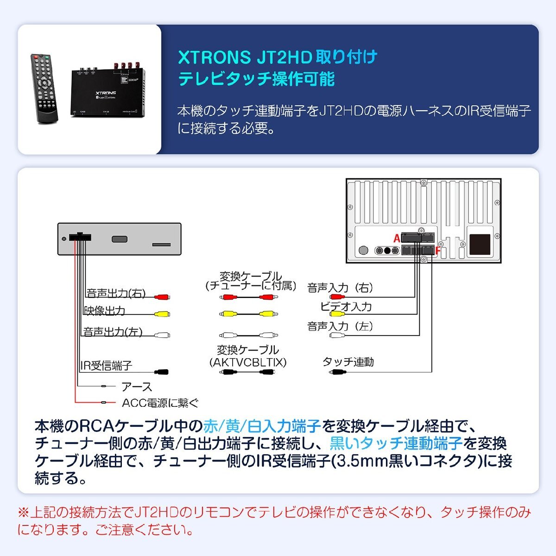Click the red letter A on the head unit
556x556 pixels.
(x=397, y=239)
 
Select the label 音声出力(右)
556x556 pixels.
(x=116, y=293)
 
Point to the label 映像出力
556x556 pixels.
(x=105, y=311)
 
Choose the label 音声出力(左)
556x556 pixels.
(x=113, y=332)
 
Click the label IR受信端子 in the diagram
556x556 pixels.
(x=106, y=366)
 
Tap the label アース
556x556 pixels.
(x=136, y=387)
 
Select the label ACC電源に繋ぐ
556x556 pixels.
(x=160, y=403)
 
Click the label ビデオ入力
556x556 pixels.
(x=346, y=307)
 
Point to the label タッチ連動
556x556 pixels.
(x=348, y=362)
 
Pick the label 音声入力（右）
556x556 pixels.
(x=340, y=288)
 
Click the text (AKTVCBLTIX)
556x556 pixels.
(x=248, y=362)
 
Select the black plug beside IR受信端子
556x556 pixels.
(x=162, y=372)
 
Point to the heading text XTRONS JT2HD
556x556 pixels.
(x=245, y=58)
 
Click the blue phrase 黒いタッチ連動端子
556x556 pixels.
(x=396, y=443)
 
